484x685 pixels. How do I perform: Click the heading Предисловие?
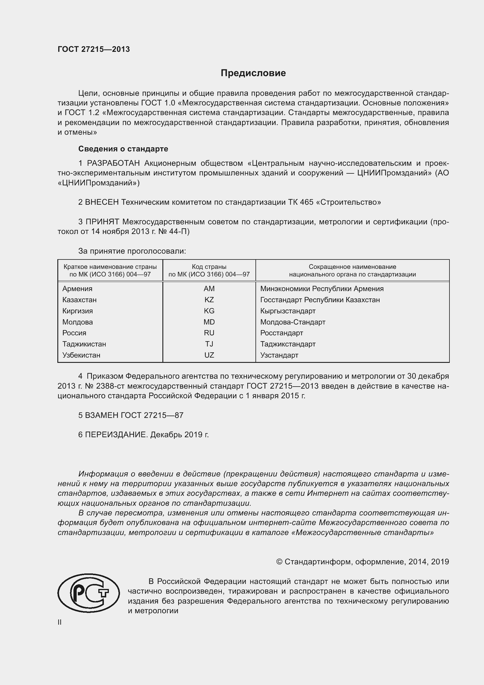tap(253, 73)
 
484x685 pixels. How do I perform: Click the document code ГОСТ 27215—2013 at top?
tap(94, 49)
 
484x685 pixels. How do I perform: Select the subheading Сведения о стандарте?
tap(123, 148)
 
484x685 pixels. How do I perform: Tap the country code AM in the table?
tap(209, 288)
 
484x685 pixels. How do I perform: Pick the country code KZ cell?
tap(209, 300)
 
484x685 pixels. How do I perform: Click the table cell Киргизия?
tap(78, 311)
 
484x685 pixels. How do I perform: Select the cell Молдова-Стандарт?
tap(292, 322)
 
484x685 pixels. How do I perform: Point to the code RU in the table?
tap(209, 333)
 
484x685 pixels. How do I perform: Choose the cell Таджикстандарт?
tap(288, 344)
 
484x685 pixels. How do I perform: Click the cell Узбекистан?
tap(81, 355)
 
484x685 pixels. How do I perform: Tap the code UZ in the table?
tap(209, 355)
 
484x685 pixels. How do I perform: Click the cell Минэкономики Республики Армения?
tap(322, 288)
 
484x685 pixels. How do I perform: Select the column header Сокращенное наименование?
tap(352, 267)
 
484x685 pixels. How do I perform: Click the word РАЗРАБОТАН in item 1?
tap(113, 163)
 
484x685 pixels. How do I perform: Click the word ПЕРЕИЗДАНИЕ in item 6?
tap(116, 434)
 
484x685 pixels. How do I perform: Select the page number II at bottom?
tap(60, 622)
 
